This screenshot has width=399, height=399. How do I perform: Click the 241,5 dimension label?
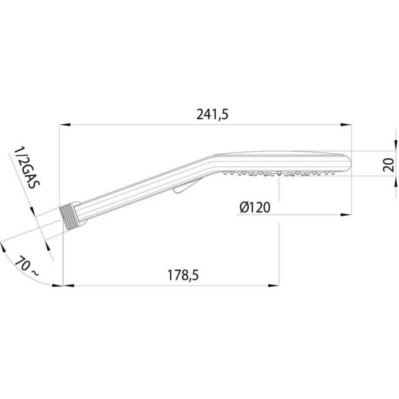tap(212, 115)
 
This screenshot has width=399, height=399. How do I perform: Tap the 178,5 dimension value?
tap(183, 275)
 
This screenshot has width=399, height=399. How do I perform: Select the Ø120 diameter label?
tap(255, 207)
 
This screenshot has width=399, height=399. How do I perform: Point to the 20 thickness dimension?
tap(389, 165)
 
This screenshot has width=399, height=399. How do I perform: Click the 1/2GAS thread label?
tap(27, 167)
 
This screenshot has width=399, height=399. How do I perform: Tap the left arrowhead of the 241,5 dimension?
tap(65, 125)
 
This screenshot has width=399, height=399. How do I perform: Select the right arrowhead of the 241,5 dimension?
tap(346, 125)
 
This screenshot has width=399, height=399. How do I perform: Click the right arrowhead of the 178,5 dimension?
tap(274, 285)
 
